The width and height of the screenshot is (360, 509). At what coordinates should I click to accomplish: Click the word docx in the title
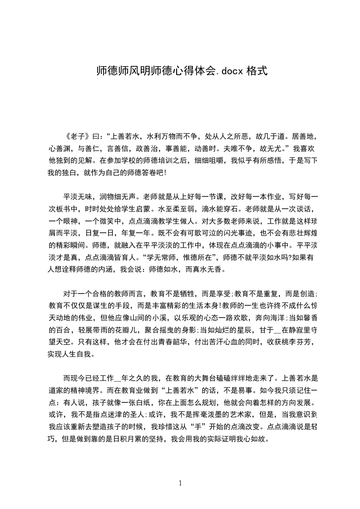coord(232,71)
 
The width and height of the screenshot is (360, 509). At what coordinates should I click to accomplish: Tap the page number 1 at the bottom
coord(180,483)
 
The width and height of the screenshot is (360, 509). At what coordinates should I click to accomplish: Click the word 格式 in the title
coord(256,71)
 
